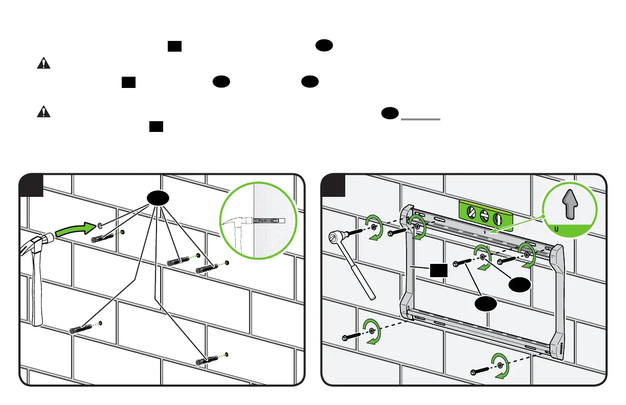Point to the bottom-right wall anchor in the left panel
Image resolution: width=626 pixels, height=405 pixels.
(x=208, y=361)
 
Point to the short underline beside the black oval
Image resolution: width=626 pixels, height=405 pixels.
(x=421, y=119)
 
